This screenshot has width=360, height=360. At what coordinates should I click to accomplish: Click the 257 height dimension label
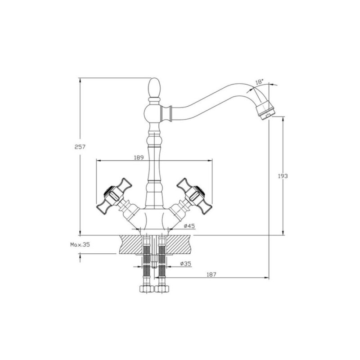point(80,147)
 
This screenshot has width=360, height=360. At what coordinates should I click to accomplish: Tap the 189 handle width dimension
point(139,157)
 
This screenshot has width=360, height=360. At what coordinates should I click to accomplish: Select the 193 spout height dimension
point(283,176)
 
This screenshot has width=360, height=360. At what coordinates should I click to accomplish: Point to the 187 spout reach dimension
point(211,274)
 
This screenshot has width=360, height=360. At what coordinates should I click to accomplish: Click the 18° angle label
point(260,81)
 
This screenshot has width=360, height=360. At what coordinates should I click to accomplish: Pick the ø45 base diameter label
point(189,226)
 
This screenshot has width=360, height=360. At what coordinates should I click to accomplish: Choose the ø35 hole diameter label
point(185,264)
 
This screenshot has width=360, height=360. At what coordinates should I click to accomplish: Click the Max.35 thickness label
point(80,244)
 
